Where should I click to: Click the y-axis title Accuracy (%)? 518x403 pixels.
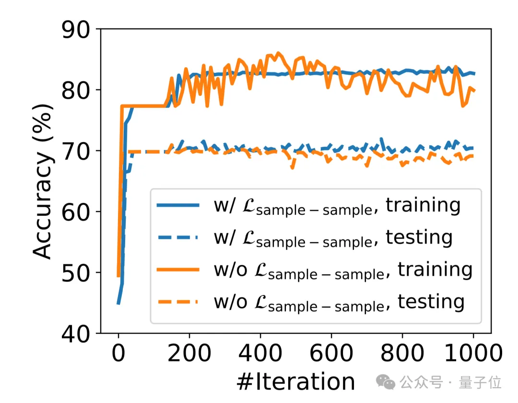(x=43, y=181)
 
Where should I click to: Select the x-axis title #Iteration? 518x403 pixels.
(x=295, y=381)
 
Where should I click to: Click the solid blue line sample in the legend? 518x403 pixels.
(x=177, y=205)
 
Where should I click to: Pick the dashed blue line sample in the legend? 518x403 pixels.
(x=177, y=237)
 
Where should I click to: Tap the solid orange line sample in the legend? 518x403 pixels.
(x=177, y=270)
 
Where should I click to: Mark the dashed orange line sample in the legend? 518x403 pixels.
(x=177, y=302)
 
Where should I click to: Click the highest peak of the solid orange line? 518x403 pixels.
(x=278, y=53)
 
